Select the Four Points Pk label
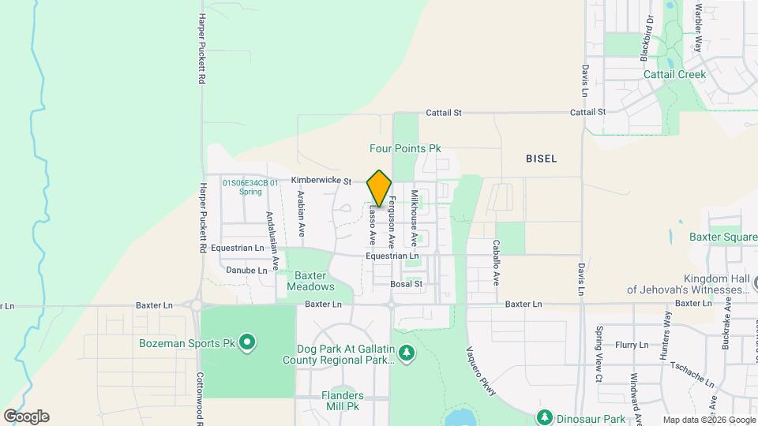405,148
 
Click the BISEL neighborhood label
541,159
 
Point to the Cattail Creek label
674,74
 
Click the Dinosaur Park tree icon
544,417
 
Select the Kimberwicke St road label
321,181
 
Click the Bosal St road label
407,284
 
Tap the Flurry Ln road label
632,345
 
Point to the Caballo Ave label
497,262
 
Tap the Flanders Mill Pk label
342,401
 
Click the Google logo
25,417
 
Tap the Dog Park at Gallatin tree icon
406,353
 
